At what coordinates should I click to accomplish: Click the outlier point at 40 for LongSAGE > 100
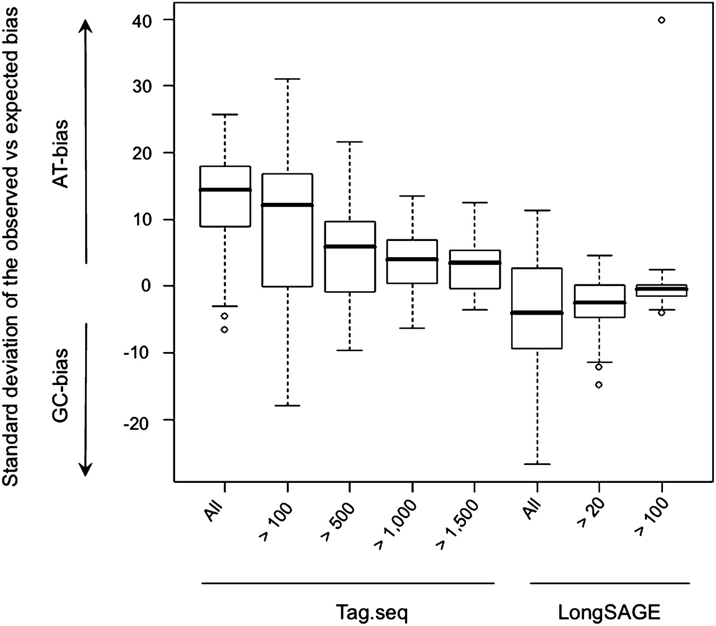click(x=661, y=20)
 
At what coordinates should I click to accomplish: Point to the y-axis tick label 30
click(x=143, y=86)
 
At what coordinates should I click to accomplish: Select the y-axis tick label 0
click(x=147, y=286)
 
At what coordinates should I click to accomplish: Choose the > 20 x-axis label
click(x=591, y=516)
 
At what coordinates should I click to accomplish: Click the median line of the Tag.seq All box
click(x=225, y=189)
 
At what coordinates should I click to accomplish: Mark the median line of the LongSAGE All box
click(x=537, y=312)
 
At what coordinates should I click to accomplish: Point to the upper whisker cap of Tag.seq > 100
click(x=288, y=79)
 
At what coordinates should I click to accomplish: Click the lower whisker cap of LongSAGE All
click(x=537, y=464)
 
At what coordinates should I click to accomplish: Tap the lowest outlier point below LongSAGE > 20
click(x=599, y=385)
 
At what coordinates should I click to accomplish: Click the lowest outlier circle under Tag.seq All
click(x=225, y=329)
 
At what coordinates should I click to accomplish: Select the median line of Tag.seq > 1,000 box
click(x=412, y=259)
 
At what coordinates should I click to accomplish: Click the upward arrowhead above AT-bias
click(x=86, y=26)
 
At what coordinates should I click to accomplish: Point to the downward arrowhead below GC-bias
click(x=86, y=469)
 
